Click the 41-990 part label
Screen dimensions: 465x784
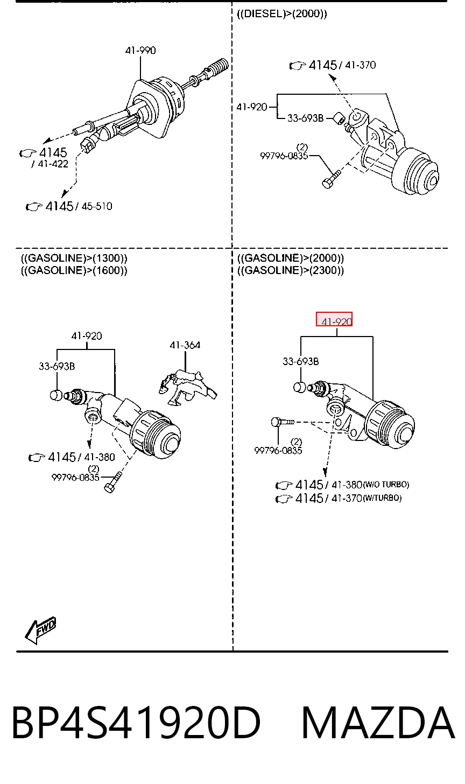[x=140, y=51]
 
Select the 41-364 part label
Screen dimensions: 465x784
[x=185, y=345]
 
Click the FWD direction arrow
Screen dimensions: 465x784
[x=41, y=629]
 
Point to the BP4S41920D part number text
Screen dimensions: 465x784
[x=137, y=723]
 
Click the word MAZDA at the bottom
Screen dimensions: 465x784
[x=378, y=723]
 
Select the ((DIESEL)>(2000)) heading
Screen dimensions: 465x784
[x=282, y=14]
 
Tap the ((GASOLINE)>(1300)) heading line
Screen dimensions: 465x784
[x=74, y=258]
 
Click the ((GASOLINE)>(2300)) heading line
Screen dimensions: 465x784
[x=291, y=270]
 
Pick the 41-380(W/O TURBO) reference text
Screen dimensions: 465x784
[x=370, y=485]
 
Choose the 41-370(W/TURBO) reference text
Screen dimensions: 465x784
[x=367, y=498]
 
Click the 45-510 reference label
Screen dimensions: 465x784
[x=96, y=206]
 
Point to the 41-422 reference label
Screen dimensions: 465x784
[x=53, y=164]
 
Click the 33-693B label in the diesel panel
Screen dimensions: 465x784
[x=306, y=118]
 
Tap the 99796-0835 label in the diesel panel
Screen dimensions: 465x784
[x=284, y=156]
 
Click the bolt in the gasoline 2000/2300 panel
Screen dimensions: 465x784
[x=283, y=422]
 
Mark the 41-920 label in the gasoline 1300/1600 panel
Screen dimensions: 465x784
[x=87, y=336]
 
